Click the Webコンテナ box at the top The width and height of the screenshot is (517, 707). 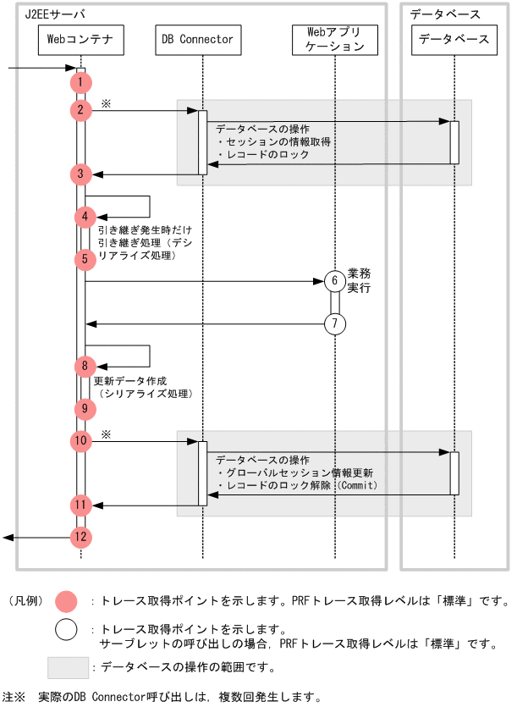pyautogui.click(x=80, y=39)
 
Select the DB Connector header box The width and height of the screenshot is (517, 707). pyautogui.click(x=196, y=39)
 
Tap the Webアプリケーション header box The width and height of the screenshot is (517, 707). pyautogui.click(x=334, y=39)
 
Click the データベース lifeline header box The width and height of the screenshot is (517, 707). pyautogui.click(x=454, y=40)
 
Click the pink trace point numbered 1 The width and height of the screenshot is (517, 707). pyautogui.click(x=80, y=82)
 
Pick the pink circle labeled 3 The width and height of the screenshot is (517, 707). pyautogui.click(x=80, y=174)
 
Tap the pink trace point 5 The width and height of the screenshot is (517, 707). pyautogui.click(x=85, y=259)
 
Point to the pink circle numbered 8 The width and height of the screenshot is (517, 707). pyautogui.click(x=85, y=367)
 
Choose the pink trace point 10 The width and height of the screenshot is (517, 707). pyautogui.click(x=80, y=440)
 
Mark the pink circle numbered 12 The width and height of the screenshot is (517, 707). pyautogui.click(x=80, y=537)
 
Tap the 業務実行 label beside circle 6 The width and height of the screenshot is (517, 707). pyautogui.click(x=360, y=280)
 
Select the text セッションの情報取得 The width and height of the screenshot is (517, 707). pyautogui.click(x=274, y=142)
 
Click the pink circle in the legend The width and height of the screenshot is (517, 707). pyautogui.click(x=66, y=601)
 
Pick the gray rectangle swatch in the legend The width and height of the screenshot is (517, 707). pyautogui.click(x=67, y=668)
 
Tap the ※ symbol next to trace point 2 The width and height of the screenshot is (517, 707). pyautogui.click(x=107, y=102)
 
